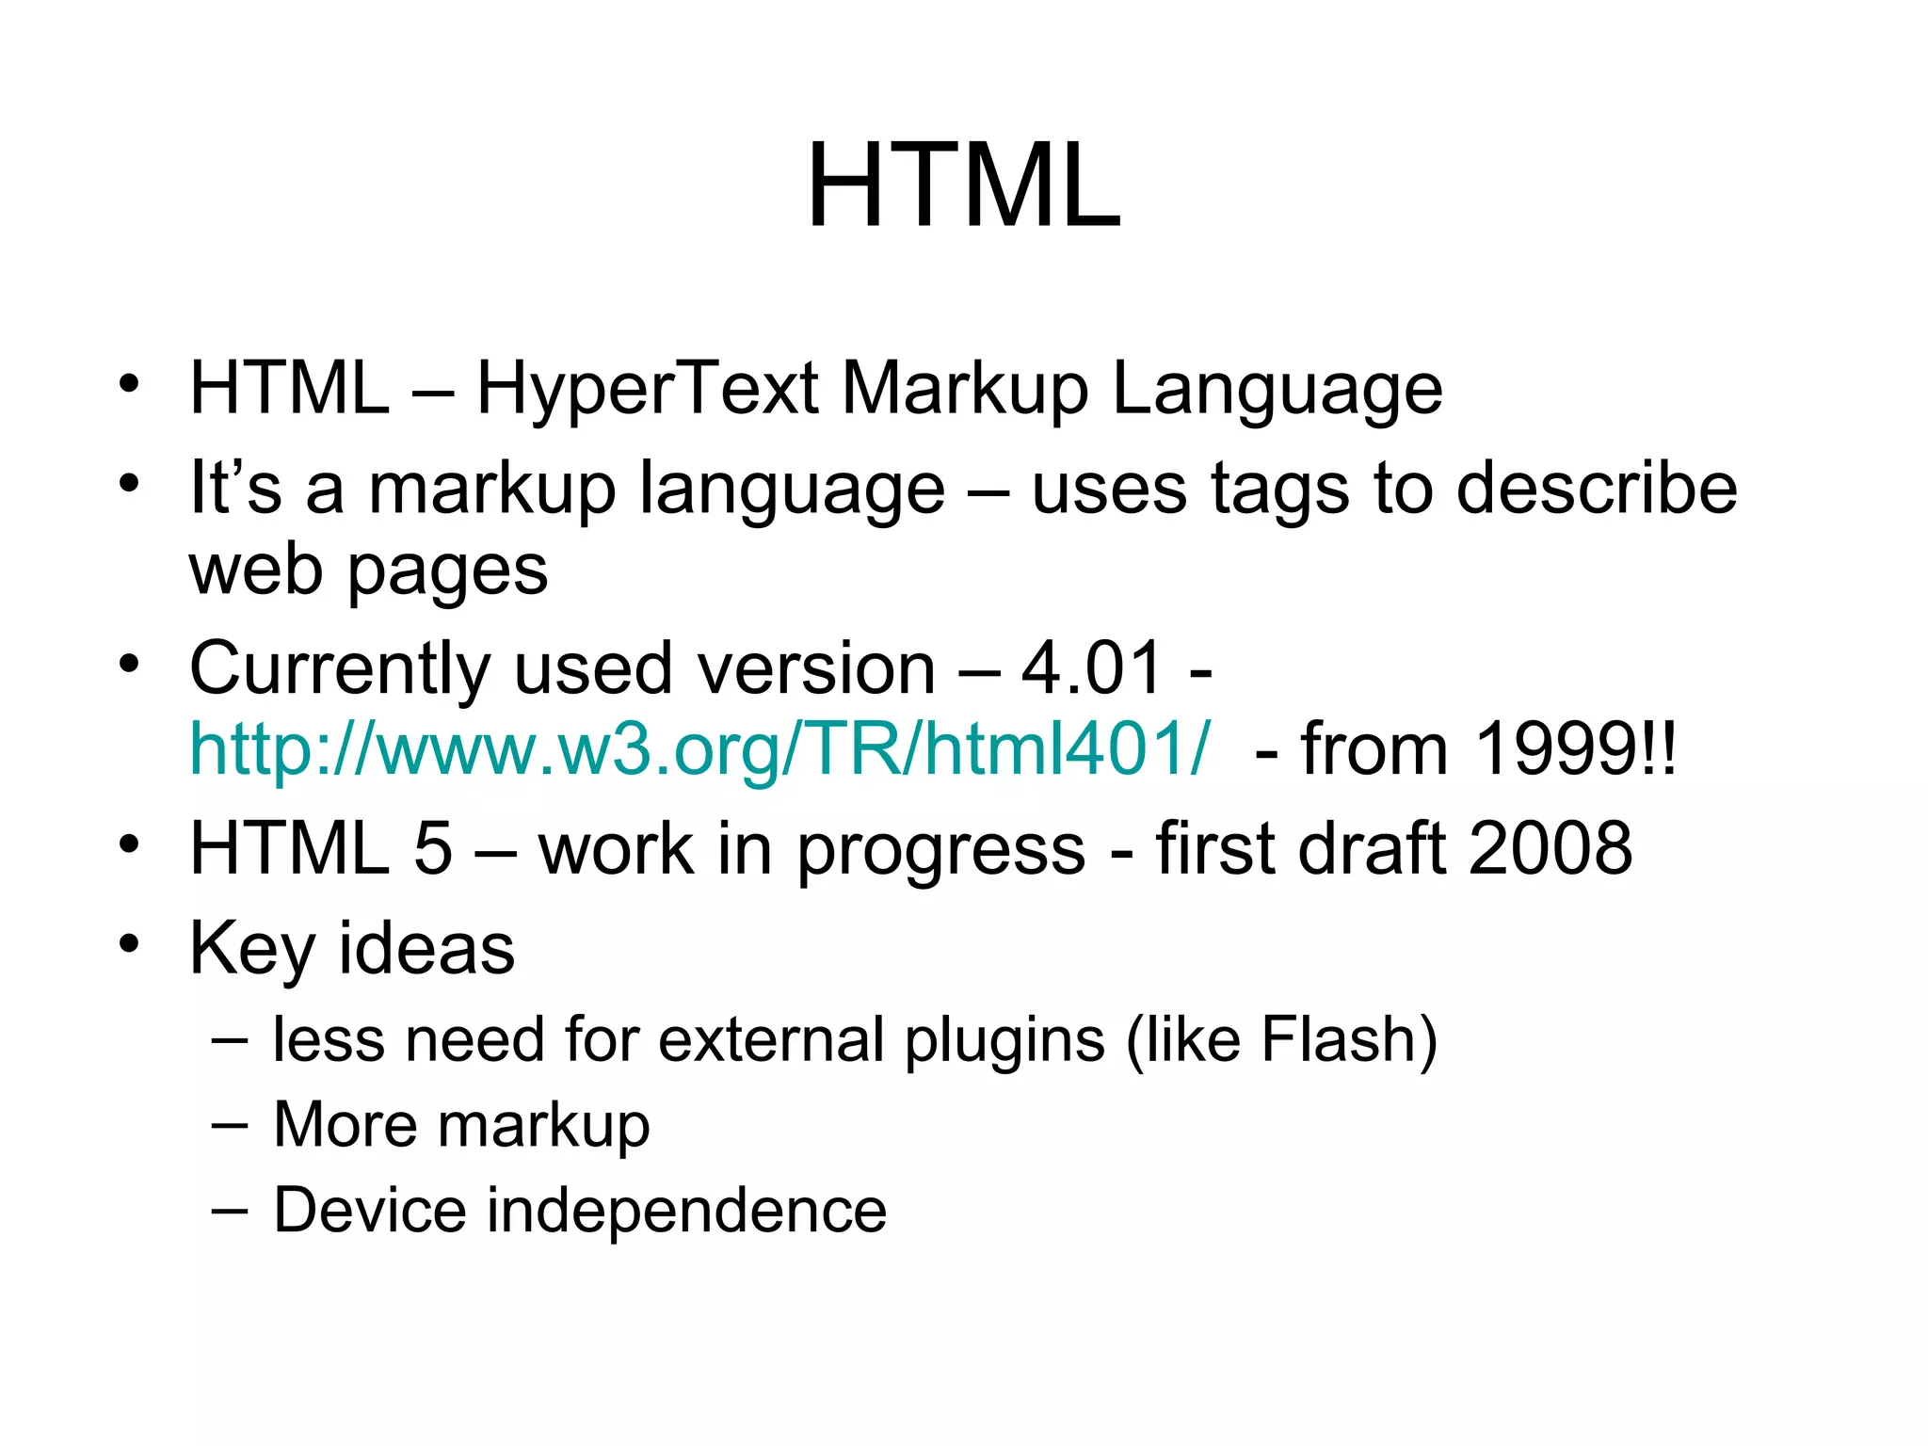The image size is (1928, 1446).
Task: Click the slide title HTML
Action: point(964,185)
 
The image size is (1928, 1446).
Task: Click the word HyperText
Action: point(648,388)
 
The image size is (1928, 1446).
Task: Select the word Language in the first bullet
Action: point(1277,390)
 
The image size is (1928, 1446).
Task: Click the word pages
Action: point(447,572)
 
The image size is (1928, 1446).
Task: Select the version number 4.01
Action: point(1091,667)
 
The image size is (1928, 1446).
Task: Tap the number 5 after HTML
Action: point(433,848)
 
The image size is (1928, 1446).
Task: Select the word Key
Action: point(251,949)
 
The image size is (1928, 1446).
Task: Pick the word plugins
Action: point(1004,1041)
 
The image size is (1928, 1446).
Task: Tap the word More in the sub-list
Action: point(344,1124)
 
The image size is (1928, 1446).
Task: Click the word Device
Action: point(369,1210)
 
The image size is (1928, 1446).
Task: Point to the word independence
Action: point(686,1210)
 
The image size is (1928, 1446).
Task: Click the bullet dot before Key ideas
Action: point(129,942)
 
